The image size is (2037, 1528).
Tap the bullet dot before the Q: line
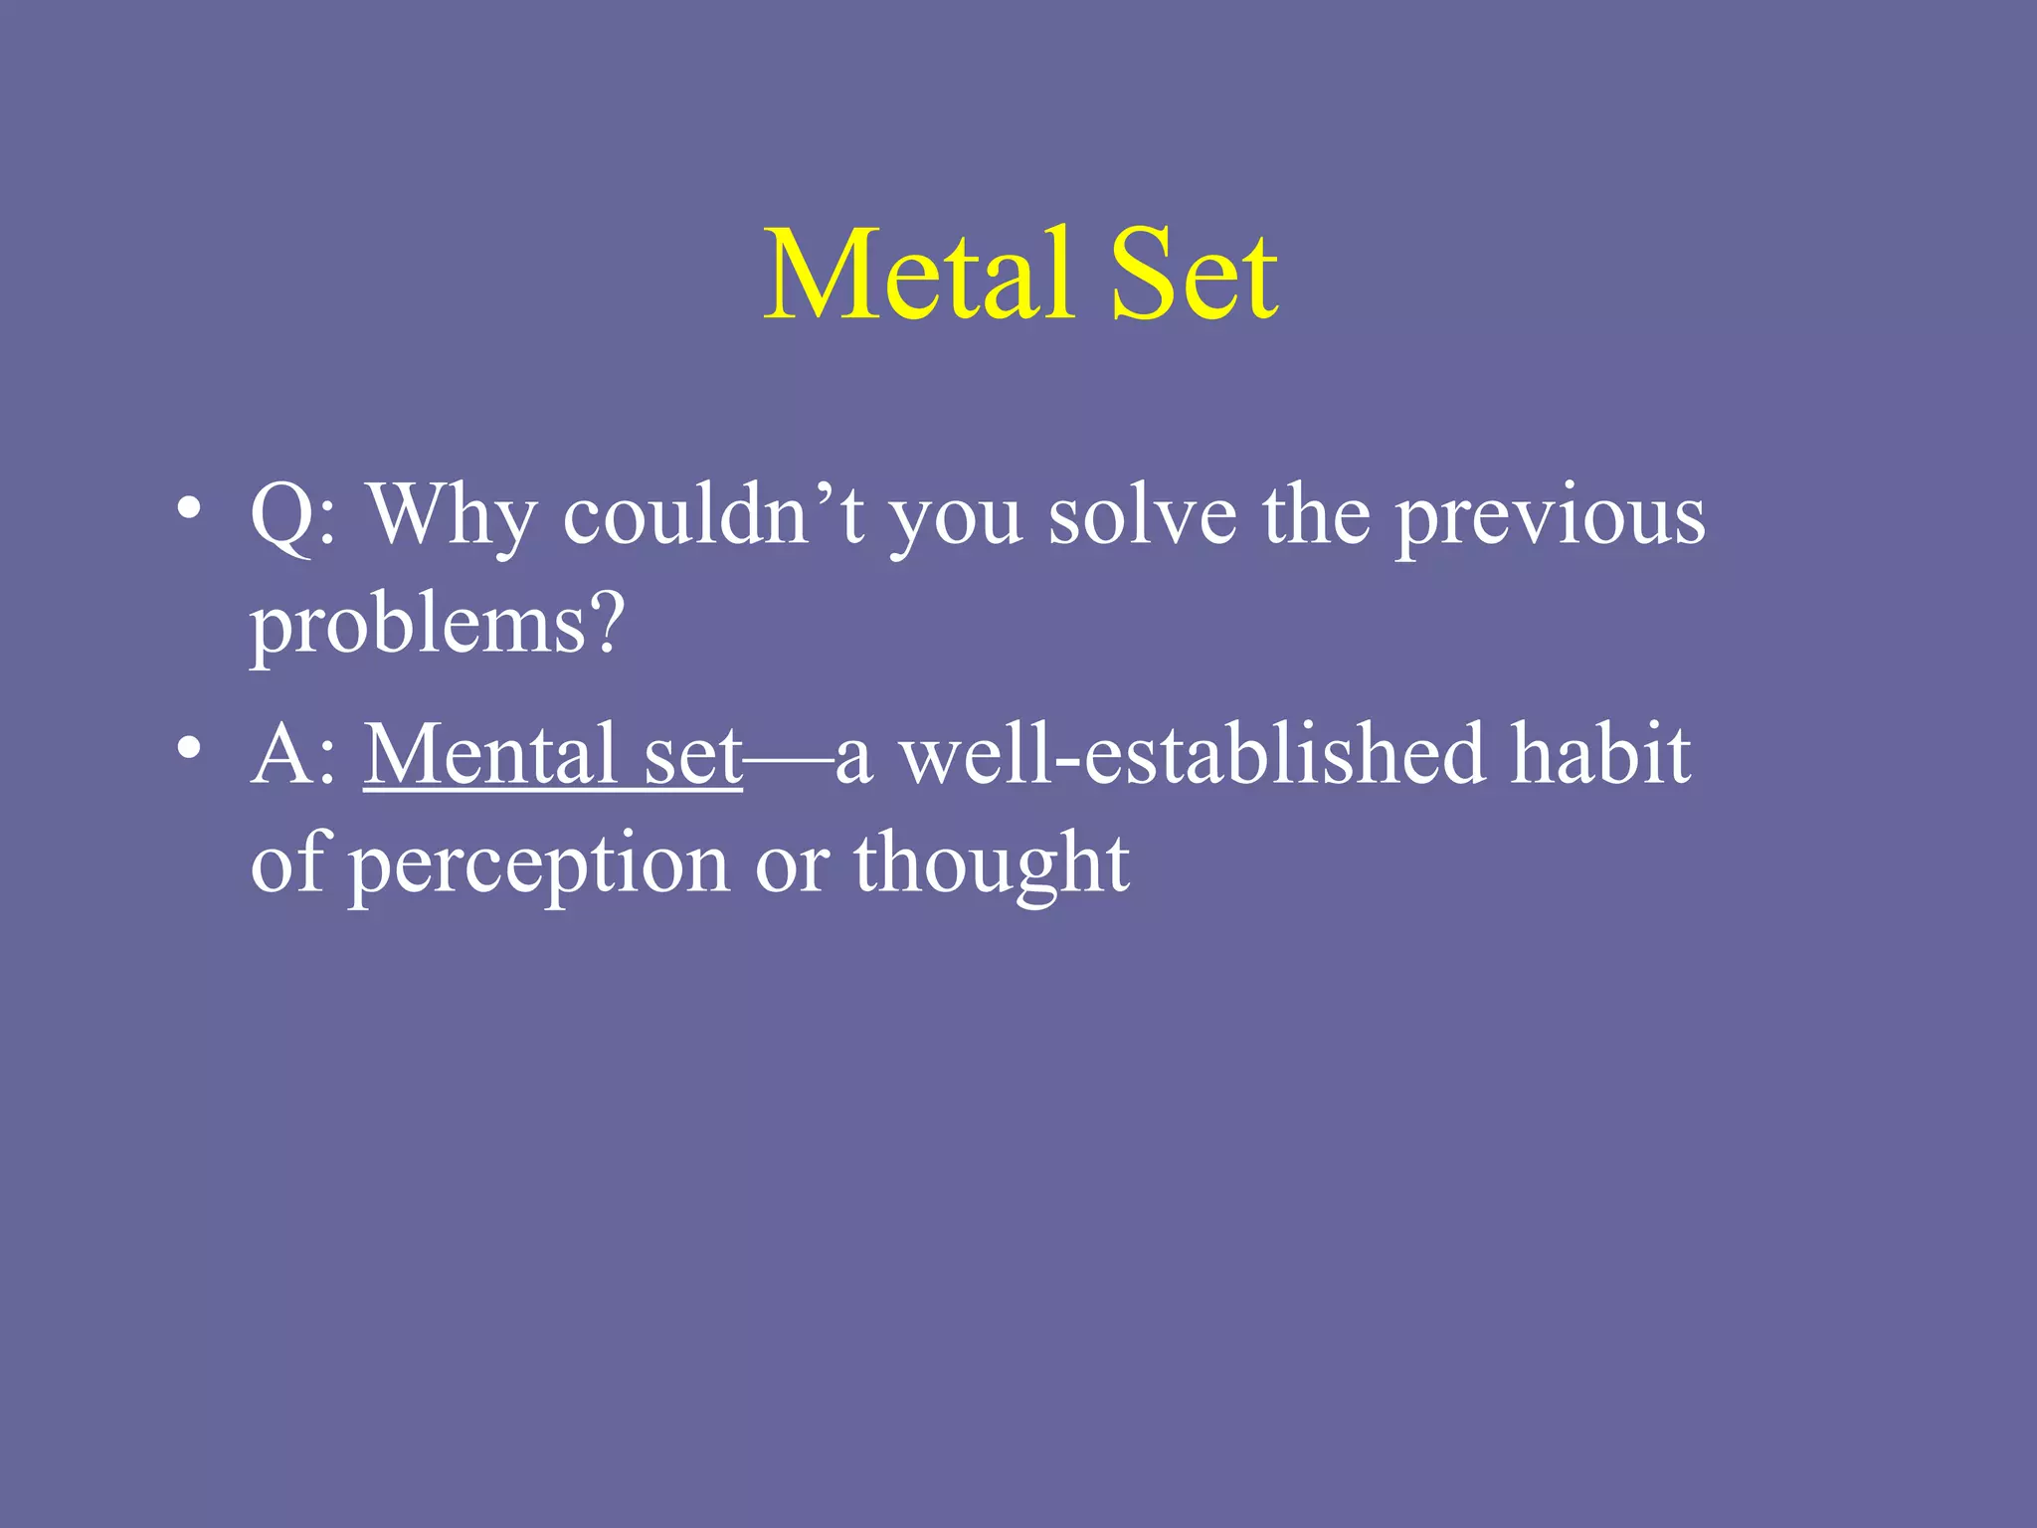[188, 508]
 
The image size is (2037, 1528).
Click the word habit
[1600, 754]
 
